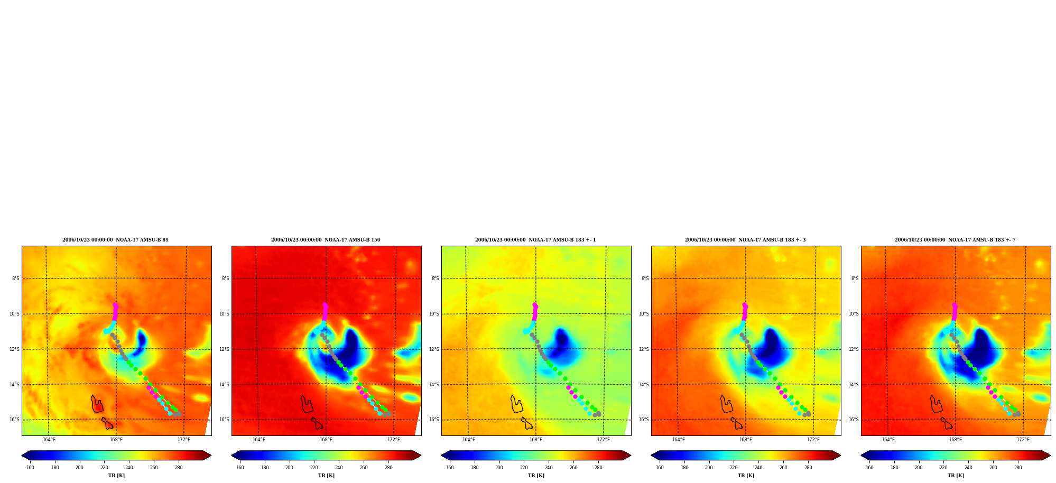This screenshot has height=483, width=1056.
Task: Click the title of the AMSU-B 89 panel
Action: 115,240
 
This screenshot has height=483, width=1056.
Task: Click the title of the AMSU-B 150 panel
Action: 326,240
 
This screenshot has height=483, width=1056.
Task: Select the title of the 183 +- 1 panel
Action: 535,240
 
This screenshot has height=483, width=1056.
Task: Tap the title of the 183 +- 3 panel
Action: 745,240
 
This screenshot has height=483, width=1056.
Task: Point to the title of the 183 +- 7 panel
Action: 955,240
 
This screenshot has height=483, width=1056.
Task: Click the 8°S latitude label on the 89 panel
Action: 16,278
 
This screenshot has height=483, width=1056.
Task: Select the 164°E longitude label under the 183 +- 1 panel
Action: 469,440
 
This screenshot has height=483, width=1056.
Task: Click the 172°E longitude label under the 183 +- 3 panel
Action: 813,440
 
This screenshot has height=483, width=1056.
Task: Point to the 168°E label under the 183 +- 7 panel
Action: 956,440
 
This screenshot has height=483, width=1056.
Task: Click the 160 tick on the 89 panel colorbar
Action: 30,467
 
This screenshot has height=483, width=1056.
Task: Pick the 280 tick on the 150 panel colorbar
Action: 388,467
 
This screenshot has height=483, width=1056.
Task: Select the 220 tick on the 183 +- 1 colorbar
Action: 524,467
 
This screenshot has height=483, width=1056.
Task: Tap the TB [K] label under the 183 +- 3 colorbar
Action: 746,476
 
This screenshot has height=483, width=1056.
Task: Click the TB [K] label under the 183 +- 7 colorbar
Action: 956,476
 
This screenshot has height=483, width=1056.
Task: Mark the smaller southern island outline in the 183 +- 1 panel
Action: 527,424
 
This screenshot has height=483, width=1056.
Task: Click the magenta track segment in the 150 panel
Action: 325,313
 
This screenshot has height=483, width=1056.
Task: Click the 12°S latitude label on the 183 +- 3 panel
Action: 645,349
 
